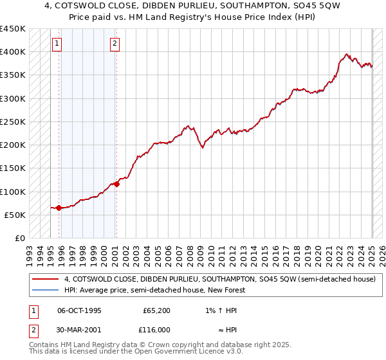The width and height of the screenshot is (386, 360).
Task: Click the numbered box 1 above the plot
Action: click(x=57, y=44)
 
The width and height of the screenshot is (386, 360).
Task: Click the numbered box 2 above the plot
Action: click(x=114, y=44)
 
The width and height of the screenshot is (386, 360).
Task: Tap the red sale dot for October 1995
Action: click(x=59, y=208)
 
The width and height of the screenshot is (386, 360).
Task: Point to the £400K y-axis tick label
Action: click(x=13, y=52)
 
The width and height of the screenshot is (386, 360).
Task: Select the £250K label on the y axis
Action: click(x=13, y=122)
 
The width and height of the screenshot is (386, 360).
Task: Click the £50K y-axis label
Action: click(x=15, y=215)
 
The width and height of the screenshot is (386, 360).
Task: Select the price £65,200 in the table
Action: click(x=156, y=310)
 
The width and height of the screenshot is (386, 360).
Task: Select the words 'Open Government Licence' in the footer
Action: click(x=173, y=352)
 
